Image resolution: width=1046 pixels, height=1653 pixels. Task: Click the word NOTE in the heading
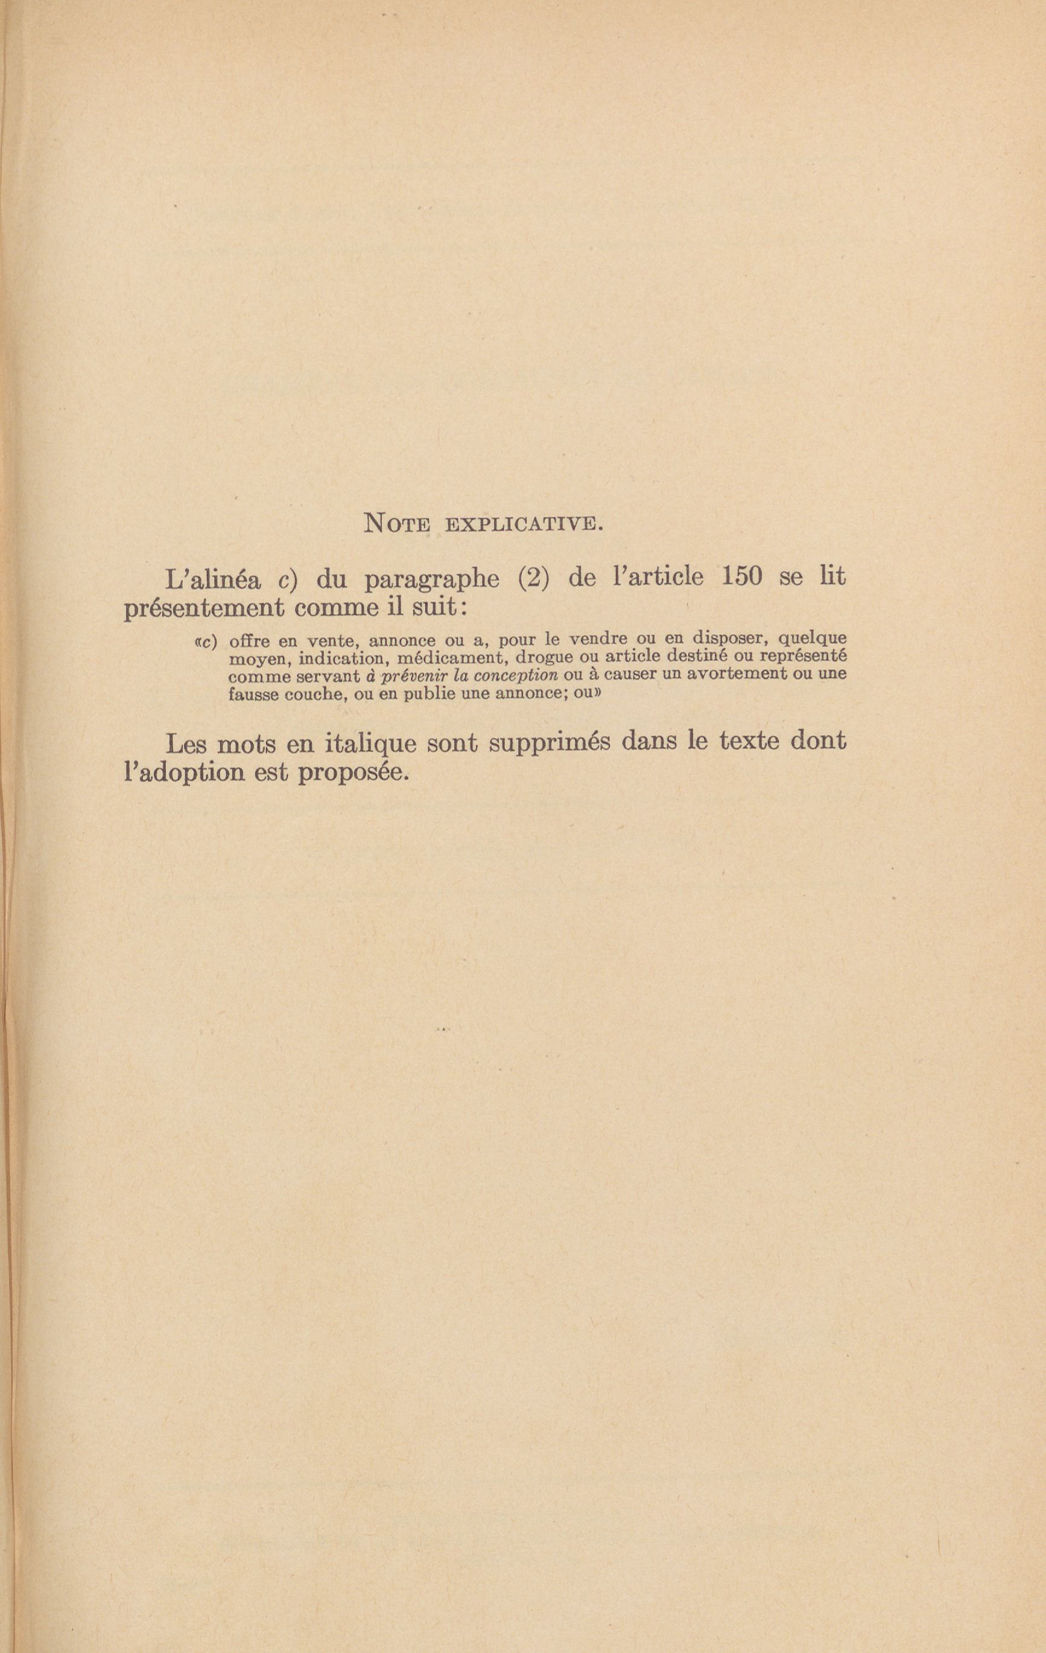coord(397,524)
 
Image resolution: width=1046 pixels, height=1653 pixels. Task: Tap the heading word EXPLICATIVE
coord(524,525)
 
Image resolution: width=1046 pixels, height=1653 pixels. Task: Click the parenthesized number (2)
coord(534,578)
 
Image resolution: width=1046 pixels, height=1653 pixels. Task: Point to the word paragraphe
coord(432,580)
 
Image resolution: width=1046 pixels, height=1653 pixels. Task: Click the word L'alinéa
coord(214,580)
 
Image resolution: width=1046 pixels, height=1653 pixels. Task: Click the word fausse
coord(253,693)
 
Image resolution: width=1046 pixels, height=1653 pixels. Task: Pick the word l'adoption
coord(184,773)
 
